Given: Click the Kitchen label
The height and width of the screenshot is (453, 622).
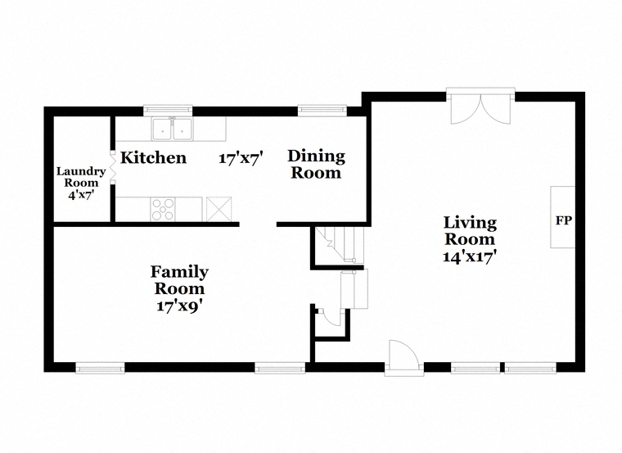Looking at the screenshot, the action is point(153,157).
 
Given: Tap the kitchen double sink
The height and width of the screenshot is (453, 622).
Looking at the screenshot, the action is point(172,129).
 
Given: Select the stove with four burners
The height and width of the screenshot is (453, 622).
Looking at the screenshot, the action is point(163,209).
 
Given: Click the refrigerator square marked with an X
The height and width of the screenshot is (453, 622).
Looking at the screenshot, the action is point(219,209).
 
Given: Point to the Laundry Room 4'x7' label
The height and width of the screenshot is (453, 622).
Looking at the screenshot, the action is point(81,183).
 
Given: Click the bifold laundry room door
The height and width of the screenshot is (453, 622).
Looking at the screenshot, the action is point(113,167).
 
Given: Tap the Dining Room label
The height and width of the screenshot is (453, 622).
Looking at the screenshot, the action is point(316,165).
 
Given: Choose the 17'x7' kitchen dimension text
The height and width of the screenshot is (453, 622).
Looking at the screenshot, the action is point(241,158).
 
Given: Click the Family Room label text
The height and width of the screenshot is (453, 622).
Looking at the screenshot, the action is point(179,280).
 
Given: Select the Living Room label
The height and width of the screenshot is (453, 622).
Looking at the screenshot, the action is point(470,231).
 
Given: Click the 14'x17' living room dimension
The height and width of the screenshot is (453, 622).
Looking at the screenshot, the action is point(470,256).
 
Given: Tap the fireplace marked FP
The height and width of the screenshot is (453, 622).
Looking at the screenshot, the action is point(562,217).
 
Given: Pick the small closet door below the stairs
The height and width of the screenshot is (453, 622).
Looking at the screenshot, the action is point(331,316).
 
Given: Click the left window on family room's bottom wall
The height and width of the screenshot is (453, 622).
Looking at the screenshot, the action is point(100,368).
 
